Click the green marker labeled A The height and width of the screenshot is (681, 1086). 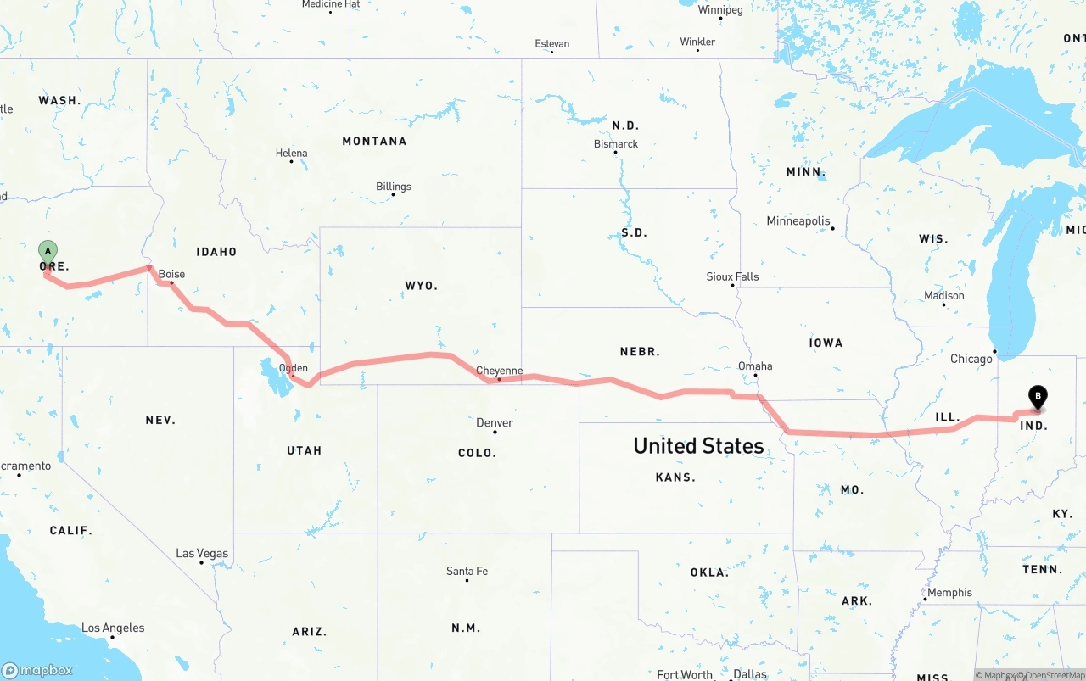click(x=48, y=251)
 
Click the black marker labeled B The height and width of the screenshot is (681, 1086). click(x=1037, y=396)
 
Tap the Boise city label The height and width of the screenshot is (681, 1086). click(x=171, y=274)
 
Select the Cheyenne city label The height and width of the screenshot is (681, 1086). click(x=499, y=371)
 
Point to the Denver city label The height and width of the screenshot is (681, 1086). click(x=495, y=422)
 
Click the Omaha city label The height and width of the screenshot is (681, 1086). click(x=755, y=366)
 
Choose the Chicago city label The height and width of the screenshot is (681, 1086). click(x=971, y=359)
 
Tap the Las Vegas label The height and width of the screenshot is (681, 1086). click(x=202, y=553)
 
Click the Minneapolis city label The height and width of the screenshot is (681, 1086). click(x=798, y=220)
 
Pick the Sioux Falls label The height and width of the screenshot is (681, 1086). click(x=732, y=276)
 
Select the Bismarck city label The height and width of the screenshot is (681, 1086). click(x=616, y=144)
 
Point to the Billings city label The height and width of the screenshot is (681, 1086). click(x=394, y=187)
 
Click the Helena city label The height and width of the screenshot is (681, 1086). click(x=292, y=154)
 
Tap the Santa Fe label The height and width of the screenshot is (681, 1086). click(x=467, y=572)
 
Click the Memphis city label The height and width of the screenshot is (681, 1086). click(x=949, y=593)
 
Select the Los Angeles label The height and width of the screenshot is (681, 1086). click(x=113, y=628)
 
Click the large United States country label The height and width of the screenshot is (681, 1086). click(x=698, y=446)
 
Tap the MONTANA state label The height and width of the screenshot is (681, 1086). click(x=374, y=141)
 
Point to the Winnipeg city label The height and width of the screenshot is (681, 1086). click(x=720, y=10)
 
